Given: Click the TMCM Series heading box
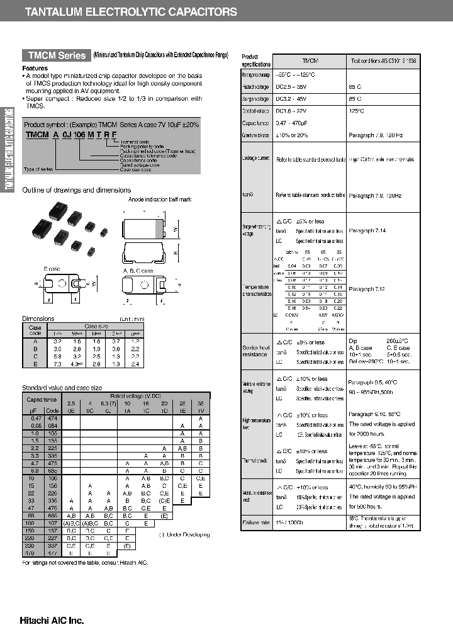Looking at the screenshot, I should pos(55,55).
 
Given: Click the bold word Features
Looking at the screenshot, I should pos(35,68).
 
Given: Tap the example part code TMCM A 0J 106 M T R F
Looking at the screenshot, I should pos(71,135).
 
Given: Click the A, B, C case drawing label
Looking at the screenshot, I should pos(138,270).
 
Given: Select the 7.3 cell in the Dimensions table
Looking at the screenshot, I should pos(57,364).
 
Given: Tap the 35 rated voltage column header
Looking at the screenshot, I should pos(199,402).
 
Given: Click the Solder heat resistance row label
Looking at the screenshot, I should pos(255,351).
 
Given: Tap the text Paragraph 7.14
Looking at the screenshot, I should pos(367,231).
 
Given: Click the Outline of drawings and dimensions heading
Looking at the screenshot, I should pos(76,190).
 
